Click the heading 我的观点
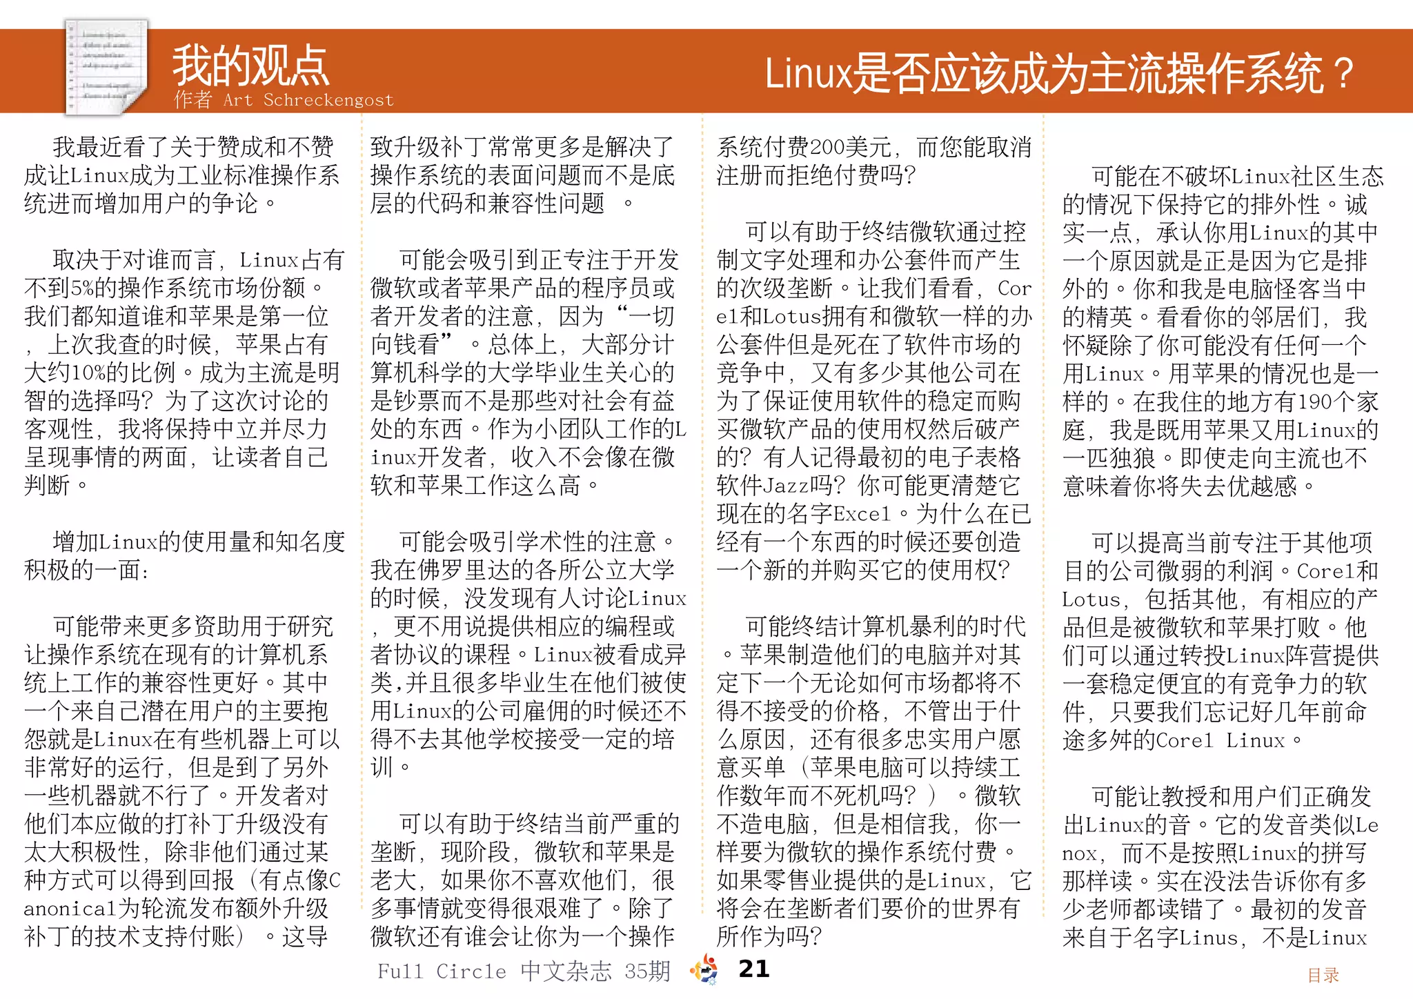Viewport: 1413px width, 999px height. click(x=250, y=66)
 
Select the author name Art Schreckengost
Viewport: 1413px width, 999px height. click(x=308, y=100)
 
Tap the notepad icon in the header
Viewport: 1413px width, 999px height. click(x=107, y=66)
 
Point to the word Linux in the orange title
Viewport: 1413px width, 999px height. click(x=808, y=74)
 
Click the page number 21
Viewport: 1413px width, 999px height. click(x=753, y=969)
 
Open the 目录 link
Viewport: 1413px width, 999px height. click(x=1323, y=975)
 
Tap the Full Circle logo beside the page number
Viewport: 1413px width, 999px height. click(x=704, y=969)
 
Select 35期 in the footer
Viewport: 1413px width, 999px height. click(x=647, y=971)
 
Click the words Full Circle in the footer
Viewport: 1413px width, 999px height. click(x=442, y=971)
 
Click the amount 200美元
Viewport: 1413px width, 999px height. click(x=856, y=147)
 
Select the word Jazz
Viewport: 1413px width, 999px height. click(x=785, y=486)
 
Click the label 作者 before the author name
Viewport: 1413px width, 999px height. click(x=192, y=100)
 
